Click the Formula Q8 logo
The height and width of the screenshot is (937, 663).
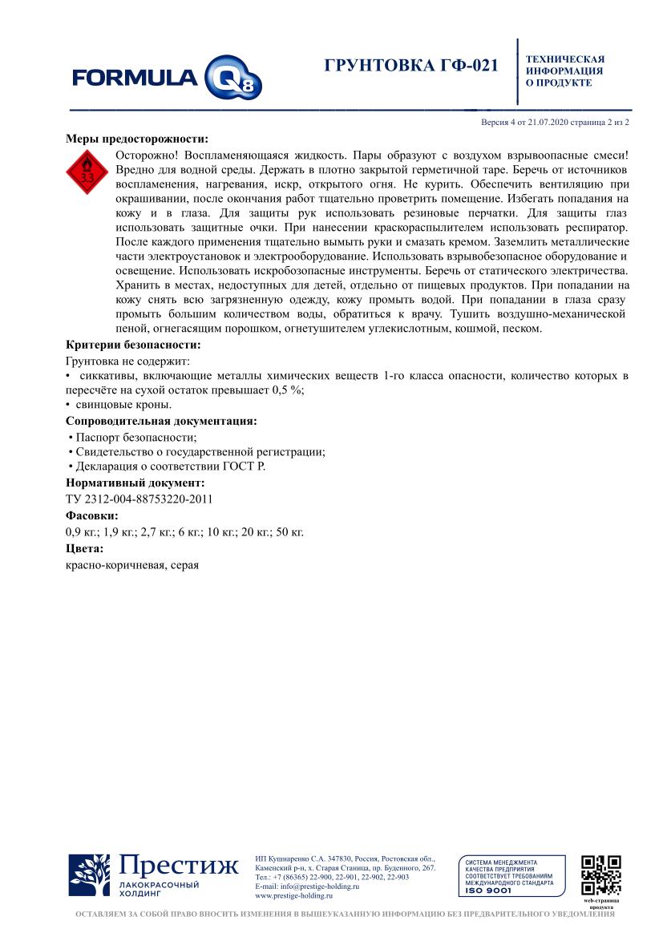(x=167, y=78)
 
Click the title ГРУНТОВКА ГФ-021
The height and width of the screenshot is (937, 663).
(x=411, y=66)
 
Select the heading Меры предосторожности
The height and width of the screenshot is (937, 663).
(x=130, y=138)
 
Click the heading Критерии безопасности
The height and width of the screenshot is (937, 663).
(x=132, y=345)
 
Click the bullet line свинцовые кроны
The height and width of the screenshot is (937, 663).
(x=122, y=405)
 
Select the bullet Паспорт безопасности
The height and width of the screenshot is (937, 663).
(x=133, y=437)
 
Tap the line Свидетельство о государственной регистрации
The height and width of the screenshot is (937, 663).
(x=197, y=451)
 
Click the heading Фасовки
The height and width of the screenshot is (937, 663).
(x=91, y=515)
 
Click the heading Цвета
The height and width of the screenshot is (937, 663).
(x=84, y=548)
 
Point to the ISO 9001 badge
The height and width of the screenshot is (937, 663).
(x=510, y=876)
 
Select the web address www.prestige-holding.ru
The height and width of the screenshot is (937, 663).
(x=293, y=896)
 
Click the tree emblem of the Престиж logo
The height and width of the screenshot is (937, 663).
(x=89, y=875)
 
